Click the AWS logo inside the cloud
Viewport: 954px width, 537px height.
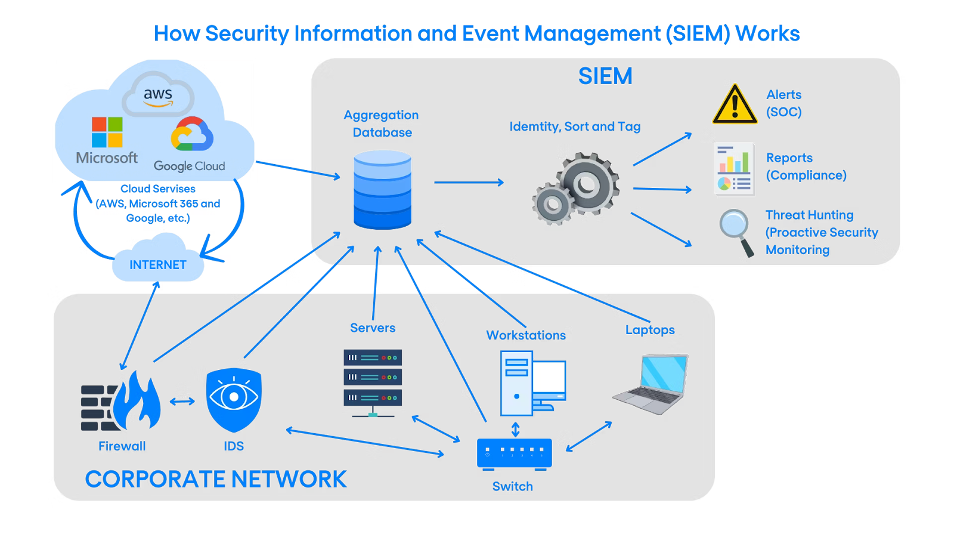[x=158, y=95]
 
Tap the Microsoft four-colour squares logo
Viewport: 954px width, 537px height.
[x=107, y=132]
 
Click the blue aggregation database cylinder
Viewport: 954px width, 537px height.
[x=382, y=190]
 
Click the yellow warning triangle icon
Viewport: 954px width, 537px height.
[x=735, y=106]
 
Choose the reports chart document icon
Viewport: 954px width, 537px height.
[x=735, y=169]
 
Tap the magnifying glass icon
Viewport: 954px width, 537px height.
[x=735, y=230]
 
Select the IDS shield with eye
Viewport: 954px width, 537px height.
[x=234, y=399]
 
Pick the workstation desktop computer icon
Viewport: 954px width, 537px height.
[x=531, y=383]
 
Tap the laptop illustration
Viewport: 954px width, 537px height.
[x=655, y=383]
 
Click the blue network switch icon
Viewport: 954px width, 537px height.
[x=514, y=453]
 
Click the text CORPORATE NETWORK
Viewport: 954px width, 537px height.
[x=216, y=479]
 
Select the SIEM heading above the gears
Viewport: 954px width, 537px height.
[x=605, y=76]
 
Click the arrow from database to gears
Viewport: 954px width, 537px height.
[x=469, y=183]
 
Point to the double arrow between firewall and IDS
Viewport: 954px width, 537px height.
[x=182, y=402]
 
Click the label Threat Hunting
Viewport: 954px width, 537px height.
[x=809, y=215]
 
